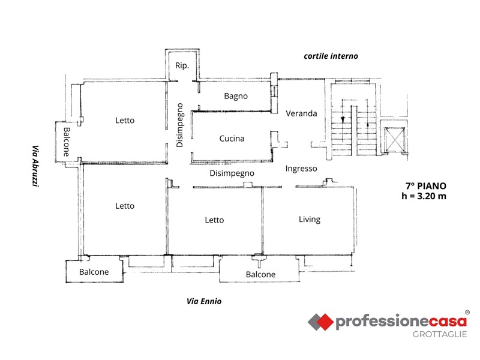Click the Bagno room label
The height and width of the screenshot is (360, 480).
point(236,96)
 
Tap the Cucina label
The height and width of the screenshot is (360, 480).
point(232,139)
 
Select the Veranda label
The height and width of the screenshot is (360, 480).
point(301,113)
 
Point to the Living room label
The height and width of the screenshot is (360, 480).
point(310,219)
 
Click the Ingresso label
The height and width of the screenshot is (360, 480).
point(301,169)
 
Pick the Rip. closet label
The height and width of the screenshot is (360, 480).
point(182,65)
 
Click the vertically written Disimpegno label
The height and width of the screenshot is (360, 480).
point(179,125)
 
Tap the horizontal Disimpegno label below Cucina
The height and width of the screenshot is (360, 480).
point(232,173)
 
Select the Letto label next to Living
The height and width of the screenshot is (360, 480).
point(214,220)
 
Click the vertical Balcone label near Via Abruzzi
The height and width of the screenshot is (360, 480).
point(67,142)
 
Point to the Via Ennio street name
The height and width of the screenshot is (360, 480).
point(204,302)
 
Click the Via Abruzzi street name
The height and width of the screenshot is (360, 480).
point(36,166)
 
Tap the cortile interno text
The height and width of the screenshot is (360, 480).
point(331,56)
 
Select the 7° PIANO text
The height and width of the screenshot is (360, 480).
point(426,186)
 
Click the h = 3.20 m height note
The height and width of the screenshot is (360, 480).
point(424,196)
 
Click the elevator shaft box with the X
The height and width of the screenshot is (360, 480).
point(395,140)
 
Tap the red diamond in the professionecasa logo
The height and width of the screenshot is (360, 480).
point(325,322)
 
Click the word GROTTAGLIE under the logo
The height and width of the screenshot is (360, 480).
point(440,334)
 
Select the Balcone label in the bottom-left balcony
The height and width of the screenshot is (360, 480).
point(94,272)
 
